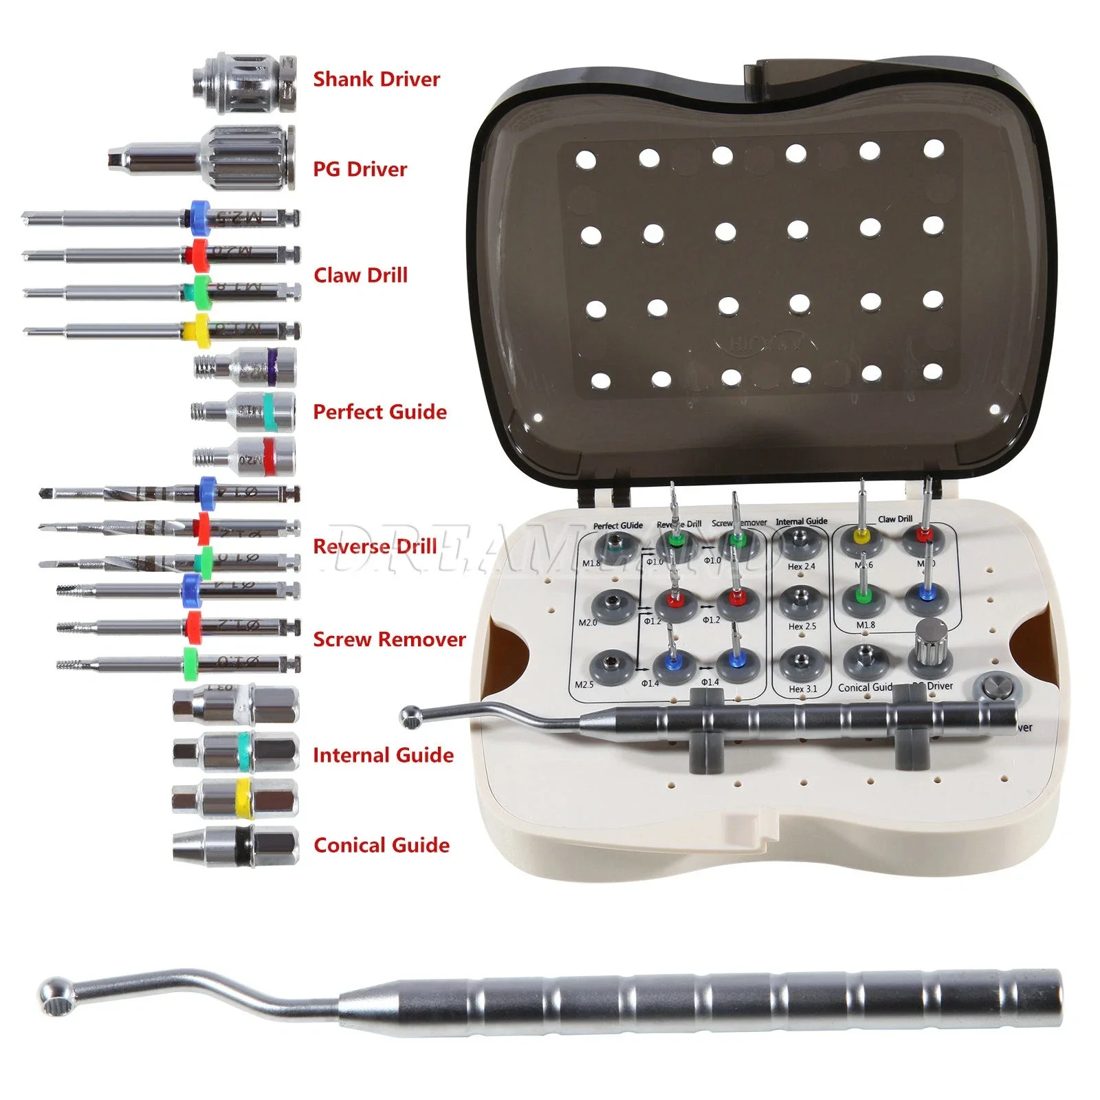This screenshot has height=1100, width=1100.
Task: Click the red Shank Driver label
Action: click(x=376, y=79)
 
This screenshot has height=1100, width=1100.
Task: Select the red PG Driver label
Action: click(x=360, y=169)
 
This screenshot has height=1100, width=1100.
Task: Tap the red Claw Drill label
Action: click(x=360, y=275)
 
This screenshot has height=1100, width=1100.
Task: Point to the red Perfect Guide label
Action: click(x=379, y=412)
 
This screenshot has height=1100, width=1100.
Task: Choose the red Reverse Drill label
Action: click(x=375, y=547)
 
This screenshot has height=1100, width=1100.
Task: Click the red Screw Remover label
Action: click(x=389, y=639)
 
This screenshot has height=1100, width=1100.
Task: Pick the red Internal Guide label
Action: click(x=383, y=756)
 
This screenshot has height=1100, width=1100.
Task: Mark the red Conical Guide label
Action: click(x=382, y=845)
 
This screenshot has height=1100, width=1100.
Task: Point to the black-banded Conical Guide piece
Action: click(x=236, y=845)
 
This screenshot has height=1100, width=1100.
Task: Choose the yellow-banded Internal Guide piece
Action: click(x=236, y=799)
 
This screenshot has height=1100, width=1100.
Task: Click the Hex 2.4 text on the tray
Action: click(x=802, y=566)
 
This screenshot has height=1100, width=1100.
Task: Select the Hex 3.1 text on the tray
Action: click(x=802, y=688)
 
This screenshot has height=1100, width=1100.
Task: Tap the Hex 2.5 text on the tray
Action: click(x=802, y=626)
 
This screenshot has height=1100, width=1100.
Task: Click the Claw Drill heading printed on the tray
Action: click(x=895, y=519)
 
